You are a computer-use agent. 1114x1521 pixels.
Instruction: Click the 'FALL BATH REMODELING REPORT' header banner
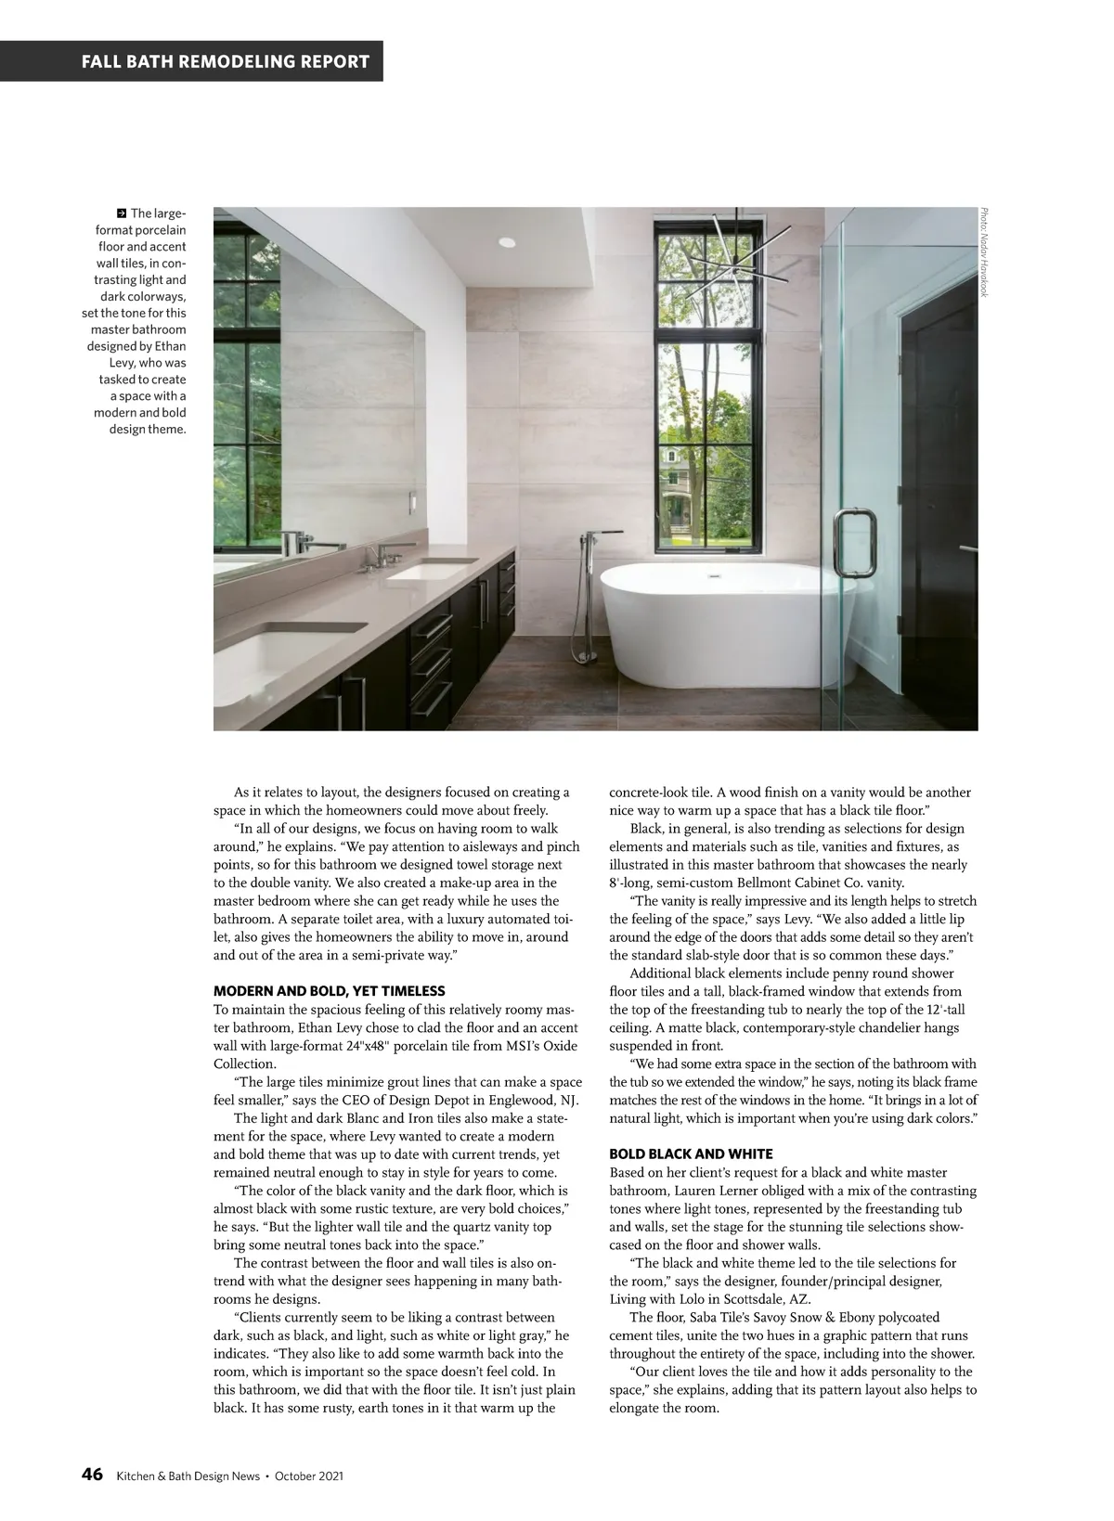coord(226,62)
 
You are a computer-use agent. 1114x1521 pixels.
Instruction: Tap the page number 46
coord(91,1475)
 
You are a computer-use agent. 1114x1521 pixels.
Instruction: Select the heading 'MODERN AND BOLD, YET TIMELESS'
coord(329,991)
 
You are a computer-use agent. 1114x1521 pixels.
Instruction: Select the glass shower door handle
coord(851,544)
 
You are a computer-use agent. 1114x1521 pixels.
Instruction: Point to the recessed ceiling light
coord(506,242)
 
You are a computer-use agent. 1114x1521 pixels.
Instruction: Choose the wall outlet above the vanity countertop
coord(406,502)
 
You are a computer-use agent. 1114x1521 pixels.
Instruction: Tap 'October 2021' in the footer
coord(309,1476)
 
